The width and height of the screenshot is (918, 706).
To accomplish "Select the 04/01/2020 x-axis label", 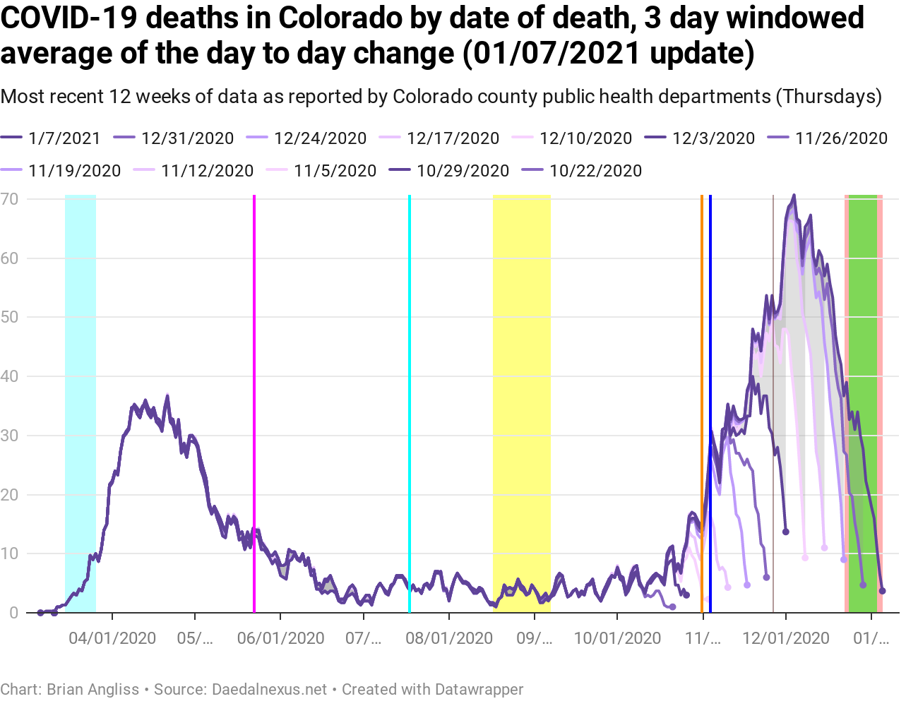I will [112, 639].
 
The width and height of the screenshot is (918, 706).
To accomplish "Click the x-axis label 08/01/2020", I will [449, 639].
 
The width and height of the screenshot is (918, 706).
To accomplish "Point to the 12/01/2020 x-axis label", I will [786, 639].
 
